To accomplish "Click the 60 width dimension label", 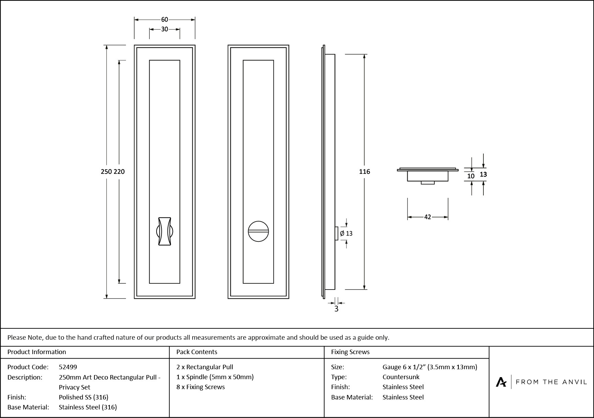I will pyautogui.click(x=164, y=20).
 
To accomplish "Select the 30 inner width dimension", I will pyautogui.click(x=164, y=29).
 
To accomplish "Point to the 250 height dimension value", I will pyautogui.click(x=106, y=171).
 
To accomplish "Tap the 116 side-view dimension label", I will pyautogui.click(x=364, y=171).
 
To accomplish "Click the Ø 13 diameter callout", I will pyautogui.click(x=346, y=233).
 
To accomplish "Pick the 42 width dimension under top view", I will pyautogui.click(x=427, y=217).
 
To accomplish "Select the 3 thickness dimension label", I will pyautogui.click(x=336, y=309).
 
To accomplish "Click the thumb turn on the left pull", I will pyautogui.click(x=165, y=231).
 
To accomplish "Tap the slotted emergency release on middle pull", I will pyautogui.click(x=258, y=231).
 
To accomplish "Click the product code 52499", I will pyautogui.click(x=68, y=367).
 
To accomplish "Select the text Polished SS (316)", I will pyautogui.click(x=83, y=397).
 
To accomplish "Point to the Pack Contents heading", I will pyautogui.click(x=196, y=352).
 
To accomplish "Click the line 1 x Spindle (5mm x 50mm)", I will pyautogui.click(x=215, y=377).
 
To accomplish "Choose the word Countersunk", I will pyautogui.click(x=401, y=377).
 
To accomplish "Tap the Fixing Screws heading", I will pyautogui.click(x=350, y=352).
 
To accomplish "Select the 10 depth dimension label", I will pyautogui.click(x=471, y=176).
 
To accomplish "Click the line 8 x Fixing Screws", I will pyautogui.click(x=201, y=387).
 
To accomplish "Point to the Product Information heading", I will pyautogui.click(x=37, y=352).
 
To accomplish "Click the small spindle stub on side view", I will pyautogui.click(x=336, y=233).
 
